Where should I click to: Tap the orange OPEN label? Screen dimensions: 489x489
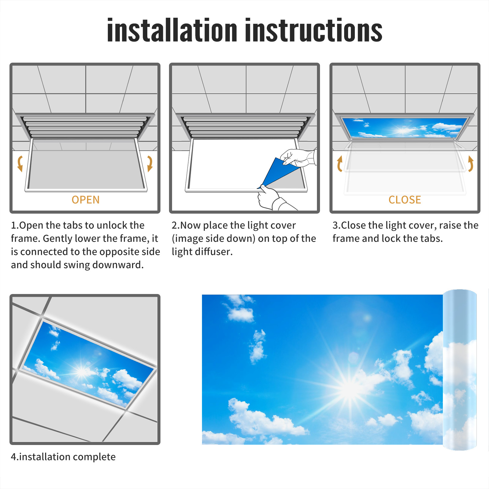click(86, 200)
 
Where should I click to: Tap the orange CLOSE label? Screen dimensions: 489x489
click(405, 200)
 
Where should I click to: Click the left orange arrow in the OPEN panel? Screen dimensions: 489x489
click(20, 164)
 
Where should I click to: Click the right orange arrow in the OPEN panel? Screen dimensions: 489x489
click(150, 164)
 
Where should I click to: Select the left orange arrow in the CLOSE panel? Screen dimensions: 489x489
click(340, 164)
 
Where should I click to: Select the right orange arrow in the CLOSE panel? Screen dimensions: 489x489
click(471, 164)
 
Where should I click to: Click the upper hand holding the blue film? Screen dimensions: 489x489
click(298, 157)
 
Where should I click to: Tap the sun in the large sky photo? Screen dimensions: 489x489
click(350, 388)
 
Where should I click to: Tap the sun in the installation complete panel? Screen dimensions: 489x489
click(82, 371)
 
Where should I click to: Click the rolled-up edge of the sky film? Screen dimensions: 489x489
click(460, 370)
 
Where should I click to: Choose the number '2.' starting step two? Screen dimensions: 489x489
click(176, 225)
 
